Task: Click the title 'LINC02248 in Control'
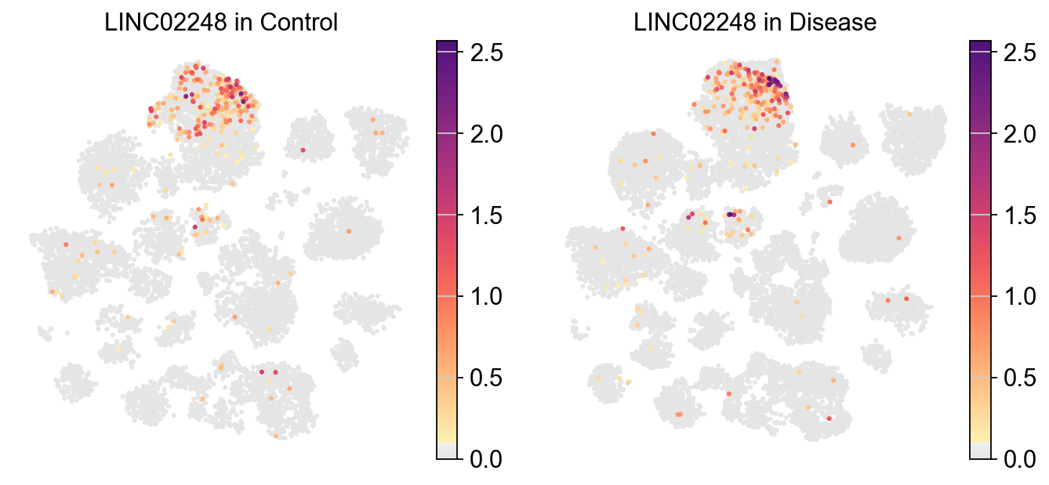click(221, 24)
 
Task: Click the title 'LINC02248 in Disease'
click(754, 24)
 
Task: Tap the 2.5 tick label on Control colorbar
click(486, 52)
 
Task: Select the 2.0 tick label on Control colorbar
click(486, 134)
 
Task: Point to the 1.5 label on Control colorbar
click(486, 215)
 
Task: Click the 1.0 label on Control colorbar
click(486, 296)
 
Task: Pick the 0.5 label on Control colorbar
click(486, 378)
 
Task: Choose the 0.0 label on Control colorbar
click(486, 458)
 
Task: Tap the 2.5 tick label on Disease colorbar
click(1019, 52)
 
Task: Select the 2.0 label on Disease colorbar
click(1019, 134)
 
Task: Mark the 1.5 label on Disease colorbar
click(1019, 215)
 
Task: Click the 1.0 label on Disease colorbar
click(1019, 296)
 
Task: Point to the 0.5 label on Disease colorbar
click(1019, 378)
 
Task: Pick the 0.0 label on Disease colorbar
click(1019, 458)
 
